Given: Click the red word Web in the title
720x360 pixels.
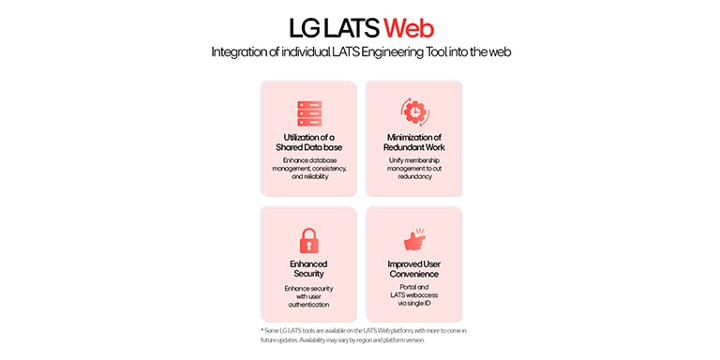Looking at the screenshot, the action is tap(408, 26).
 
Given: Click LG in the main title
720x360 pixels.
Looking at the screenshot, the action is tap(302, 26).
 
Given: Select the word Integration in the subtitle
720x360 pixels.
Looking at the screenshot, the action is tap(240, 52).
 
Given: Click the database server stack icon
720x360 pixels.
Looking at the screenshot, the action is tap(308, 112).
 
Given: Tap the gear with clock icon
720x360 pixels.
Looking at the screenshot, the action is tap(413, 112).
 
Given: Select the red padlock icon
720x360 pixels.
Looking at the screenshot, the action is tap(308, 240).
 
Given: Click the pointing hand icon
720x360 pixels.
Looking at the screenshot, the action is tap(413, 239).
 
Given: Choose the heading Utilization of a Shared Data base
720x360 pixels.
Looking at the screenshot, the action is tap(308, 142).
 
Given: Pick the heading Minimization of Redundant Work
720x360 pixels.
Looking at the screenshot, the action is tap(413, 142).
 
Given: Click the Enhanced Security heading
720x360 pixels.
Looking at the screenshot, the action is tap(308, 269).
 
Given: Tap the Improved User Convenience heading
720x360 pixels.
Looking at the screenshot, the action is tap(413, 269).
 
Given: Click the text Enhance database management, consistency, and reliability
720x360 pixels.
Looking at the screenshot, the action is tap(308, 168).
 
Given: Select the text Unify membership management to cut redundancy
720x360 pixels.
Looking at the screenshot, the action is tap(413, 168).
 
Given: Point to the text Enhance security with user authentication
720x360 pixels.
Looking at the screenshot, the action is tap(308, 295).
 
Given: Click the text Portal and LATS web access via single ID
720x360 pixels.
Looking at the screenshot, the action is tap(413, 295).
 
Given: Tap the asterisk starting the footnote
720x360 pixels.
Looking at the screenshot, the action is tap(262, 330).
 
